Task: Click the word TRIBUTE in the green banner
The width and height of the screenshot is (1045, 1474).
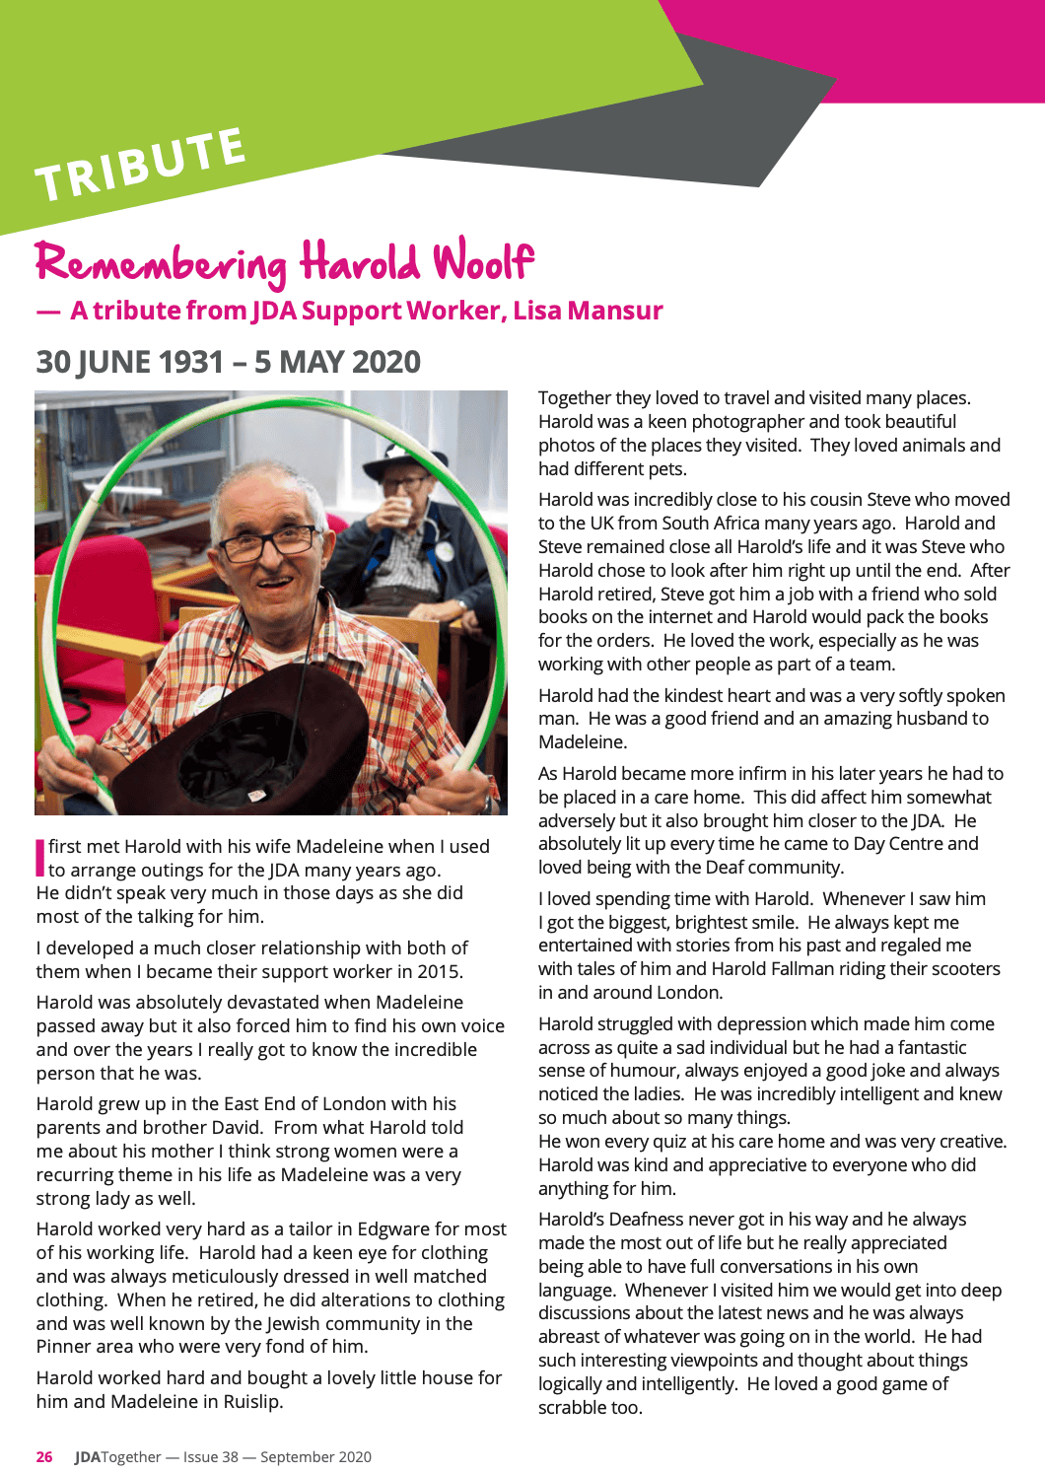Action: tap(140, 164)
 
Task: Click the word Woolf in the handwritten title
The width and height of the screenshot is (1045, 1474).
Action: tap(483, 262)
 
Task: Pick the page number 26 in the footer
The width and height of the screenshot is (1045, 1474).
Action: tap(44, 1457)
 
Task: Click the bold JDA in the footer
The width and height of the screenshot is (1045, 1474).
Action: tap(88, 1457)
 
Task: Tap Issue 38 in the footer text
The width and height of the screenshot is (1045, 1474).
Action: tap(211, 1457)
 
